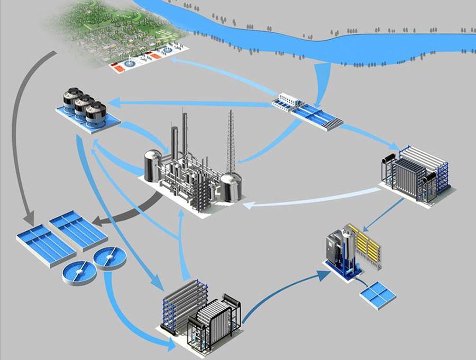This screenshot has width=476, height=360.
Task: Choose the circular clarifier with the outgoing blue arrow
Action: [x=108, y=259]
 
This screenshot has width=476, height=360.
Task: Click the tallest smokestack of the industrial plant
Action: [x=185, y=132]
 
